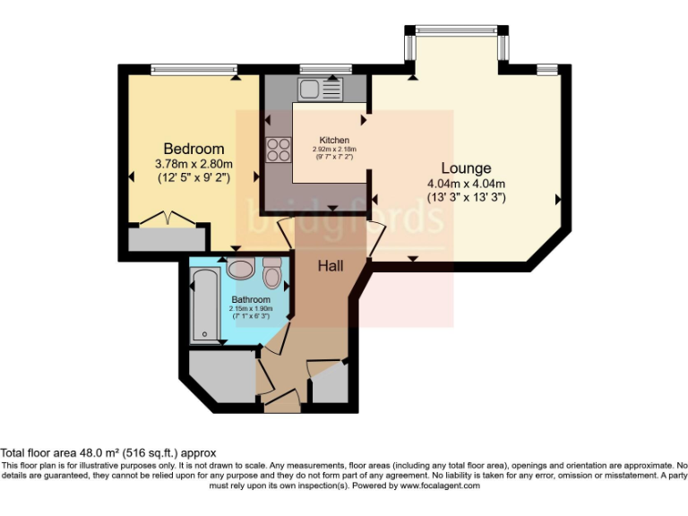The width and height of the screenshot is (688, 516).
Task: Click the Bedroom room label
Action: (x=193, y=149)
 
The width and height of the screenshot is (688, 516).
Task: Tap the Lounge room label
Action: (x=466, y=168)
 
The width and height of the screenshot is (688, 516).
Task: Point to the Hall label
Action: (x=330, y=265)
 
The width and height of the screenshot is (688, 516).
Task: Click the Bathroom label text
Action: (x=251, y=299)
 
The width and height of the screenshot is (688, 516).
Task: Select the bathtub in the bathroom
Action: (x=204, y=307)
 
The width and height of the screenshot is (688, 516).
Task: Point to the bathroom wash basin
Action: (x=240, y=268)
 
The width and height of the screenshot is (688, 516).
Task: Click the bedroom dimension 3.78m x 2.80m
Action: (x=193, y=164)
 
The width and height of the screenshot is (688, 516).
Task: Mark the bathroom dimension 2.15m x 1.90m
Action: (x=250, y=309)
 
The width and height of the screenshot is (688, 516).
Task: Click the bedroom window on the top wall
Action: (x=193, y=69)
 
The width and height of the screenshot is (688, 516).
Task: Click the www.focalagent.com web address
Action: (x=440, y=486)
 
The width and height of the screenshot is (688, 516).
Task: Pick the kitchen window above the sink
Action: (x=314, y=69)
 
